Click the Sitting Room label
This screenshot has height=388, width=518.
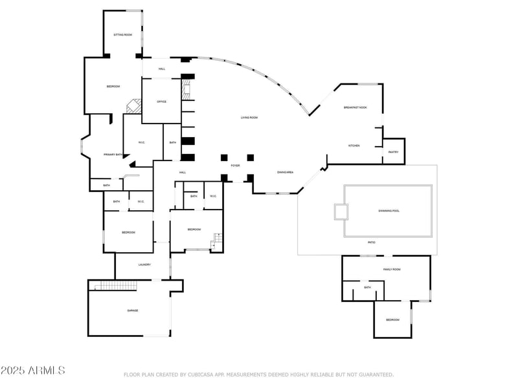123,34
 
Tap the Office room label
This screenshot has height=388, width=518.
162,102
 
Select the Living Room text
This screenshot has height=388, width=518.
249,118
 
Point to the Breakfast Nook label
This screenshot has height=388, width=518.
355,107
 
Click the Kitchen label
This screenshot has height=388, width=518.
354,145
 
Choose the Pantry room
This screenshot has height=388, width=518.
393,152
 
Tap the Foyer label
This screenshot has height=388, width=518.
235,166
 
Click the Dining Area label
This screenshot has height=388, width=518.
286,173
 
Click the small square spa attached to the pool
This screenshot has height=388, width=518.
341,212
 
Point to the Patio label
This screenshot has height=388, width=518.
372,242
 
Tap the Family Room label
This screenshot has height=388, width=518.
392,269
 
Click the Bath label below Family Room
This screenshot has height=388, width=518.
368,288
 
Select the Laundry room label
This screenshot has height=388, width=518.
145,264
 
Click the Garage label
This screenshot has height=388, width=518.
133,310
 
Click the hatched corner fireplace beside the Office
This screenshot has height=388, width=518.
134,105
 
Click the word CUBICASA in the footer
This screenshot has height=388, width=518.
201,374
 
